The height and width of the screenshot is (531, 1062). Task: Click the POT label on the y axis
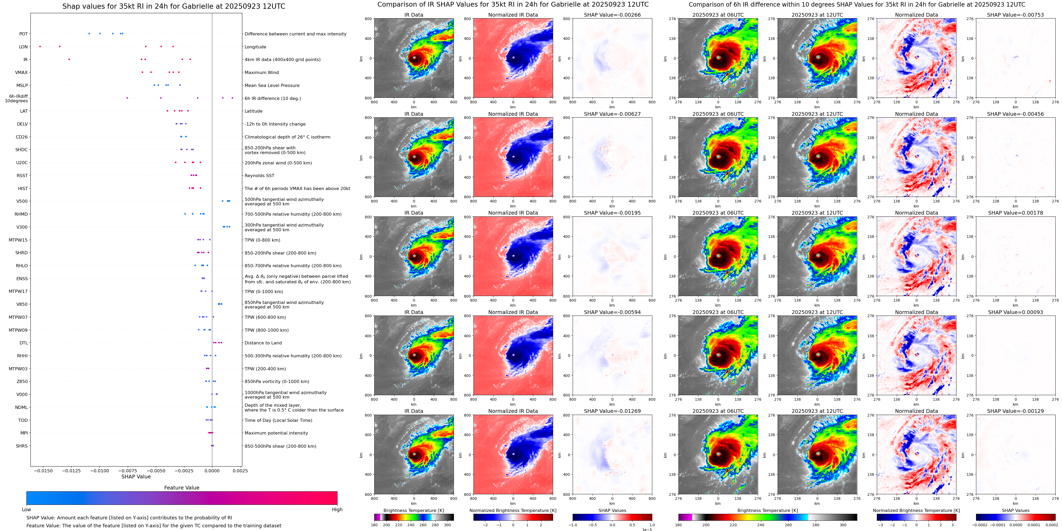pos(24,34)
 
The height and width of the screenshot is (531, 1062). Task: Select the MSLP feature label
pos(22,85)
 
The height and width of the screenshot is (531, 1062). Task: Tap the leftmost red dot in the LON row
pos(40,47)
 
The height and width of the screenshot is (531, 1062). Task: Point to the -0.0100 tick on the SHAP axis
pos(99,470)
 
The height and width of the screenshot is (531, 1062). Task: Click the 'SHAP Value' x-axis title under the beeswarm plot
pos(136,477)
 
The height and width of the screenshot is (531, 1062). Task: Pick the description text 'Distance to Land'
pos(263,343)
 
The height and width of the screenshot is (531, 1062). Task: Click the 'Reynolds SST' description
pos(259,176)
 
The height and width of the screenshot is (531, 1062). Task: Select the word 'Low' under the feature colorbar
pos(26,510)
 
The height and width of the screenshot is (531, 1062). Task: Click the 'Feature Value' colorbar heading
pos(181,488)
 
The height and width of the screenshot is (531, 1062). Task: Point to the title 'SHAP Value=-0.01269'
pos(612,411)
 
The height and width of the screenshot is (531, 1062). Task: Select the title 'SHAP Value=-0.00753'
pos(1015,15)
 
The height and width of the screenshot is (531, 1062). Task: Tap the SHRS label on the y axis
pos(22,446)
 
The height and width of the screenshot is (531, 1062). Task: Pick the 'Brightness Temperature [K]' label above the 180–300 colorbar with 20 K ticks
pos(413,510)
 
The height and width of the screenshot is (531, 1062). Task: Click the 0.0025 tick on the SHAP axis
pos(242,470)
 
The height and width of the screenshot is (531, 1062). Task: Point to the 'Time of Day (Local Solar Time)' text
pos(278,420)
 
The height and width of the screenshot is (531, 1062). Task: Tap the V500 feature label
pos(22,201)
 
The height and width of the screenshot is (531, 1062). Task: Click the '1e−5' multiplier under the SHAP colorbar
pos(647,529)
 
